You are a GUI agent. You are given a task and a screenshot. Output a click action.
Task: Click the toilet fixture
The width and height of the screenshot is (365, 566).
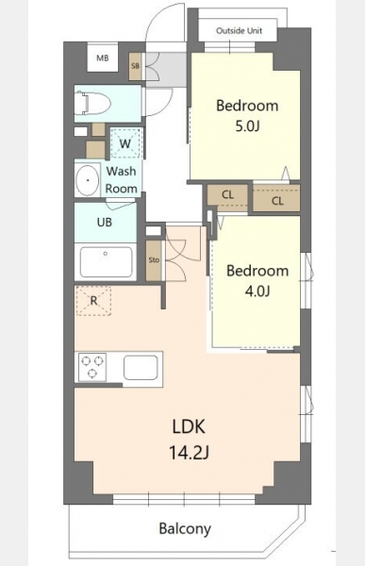(92, 103)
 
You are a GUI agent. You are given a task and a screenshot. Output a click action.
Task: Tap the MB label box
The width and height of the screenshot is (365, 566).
(103, 58)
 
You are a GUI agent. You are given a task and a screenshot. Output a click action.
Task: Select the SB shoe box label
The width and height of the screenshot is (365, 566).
(136, 66)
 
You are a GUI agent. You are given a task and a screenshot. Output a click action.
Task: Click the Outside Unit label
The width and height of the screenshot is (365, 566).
(239, 31)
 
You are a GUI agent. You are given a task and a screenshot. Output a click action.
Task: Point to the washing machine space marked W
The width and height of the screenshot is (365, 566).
(124, 143)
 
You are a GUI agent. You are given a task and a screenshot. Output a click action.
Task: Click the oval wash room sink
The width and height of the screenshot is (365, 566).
(88, 180)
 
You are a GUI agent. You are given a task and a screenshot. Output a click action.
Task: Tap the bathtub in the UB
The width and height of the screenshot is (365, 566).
(106, 261)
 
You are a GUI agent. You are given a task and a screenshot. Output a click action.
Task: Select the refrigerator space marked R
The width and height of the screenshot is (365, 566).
(93, 300)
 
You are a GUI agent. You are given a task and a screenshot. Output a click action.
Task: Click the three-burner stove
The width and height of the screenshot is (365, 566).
(92, 367)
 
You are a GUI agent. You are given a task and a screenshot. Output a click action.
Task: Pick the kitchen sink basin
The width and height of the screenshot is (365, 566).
(141, 368)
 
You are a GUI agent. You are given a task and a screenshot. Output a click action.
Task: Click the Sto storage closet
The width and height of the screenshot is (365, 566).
(154, 260)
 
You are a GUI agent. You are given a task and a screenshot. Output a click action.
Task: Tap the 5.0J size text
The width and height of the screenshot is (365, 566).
(247, 126)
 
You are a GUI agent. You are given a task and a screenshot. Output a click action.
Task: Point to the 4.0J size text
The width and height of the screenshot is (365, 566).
(257, 291)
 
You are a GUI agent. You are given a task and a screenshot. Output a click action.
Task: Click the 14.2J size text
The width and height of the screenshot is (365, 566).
(190, 452)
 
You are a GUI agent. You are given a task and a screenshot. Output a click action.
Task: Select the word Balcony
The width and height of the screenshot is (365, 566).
(185, 529)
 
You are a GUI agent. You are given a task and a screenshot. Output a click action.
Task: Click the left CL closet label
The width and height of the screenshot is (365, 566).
(227, 195)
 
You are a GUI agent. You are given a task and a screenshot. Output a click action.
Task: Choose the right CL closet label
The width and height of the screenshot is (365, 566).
(277, 201)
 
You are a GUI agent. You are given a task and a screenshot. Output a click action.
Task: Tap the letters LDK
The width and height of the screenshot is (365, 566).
(189, 426)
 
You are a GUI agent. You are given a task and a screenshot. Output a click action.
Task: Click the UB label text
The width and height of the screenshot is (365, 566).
(105, 223)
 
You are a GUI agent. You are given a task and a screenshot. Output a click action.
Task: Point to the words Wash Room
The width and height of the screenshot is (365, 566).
(122, 180)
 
